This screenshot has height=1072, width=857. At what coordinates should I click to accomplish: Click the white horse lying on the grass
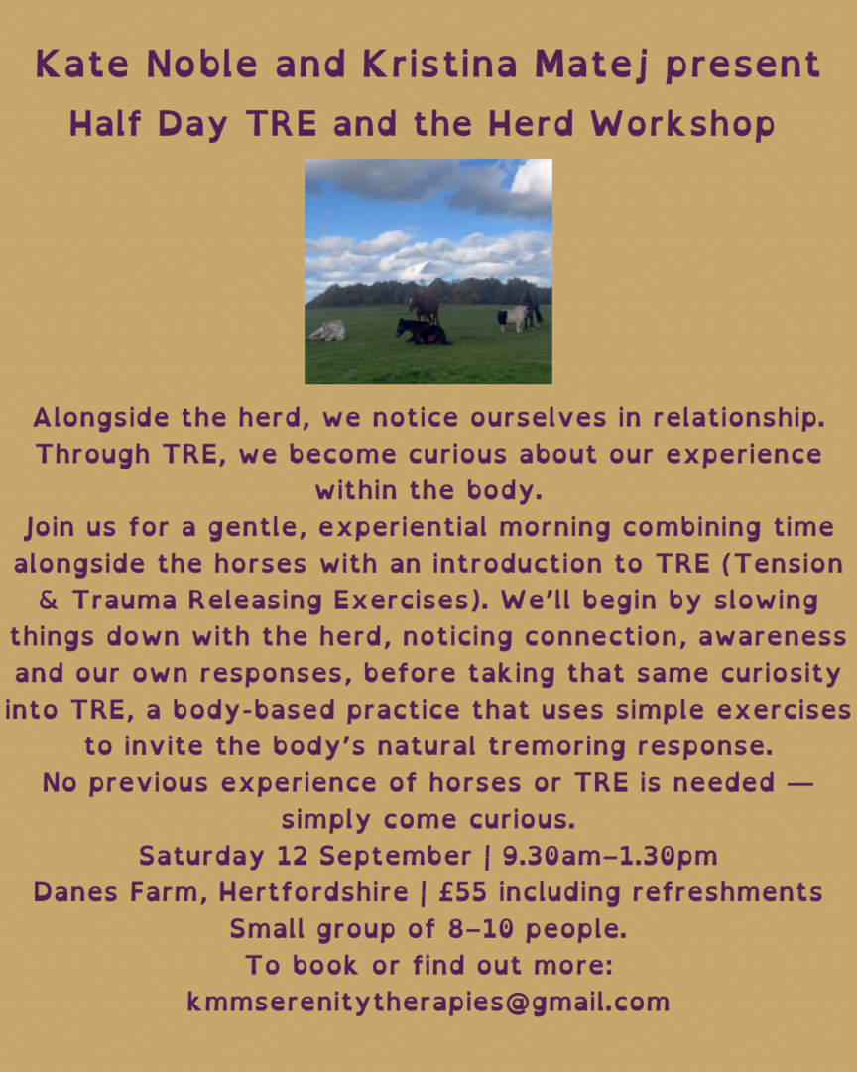tap(327, 332)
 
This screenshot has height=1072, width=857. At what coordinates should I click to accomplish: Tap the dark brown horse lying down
tap(422, 333)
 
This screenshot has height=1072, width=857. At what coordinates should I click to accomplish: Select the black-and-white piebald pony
tap(513, 318)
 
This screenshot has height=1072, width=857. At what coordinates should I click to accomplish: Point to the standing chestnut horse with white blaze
tap(424, 307)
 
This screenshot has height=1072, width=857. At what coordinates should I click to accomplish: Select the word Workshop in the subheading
tap(682, 125)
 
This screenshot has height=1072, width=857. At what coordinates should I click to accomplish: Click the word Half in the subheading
tap(105, 124)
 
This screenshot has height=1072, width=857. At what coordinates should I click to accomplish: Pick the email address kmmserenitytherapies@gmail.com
tap(428, 1003)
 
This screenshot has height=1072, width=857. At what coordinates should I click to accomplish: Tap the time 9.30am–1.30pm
tap(610, 856)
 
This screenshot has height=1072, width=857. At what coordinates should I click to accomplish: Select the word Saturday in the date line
tap(201, 856)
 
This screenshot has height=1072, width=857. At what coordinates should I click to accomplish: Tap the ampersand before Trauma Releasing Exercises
tap(49, 601)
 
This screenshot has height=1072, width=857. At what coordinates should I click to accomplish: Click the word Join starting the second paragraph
tap(50, 528)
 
